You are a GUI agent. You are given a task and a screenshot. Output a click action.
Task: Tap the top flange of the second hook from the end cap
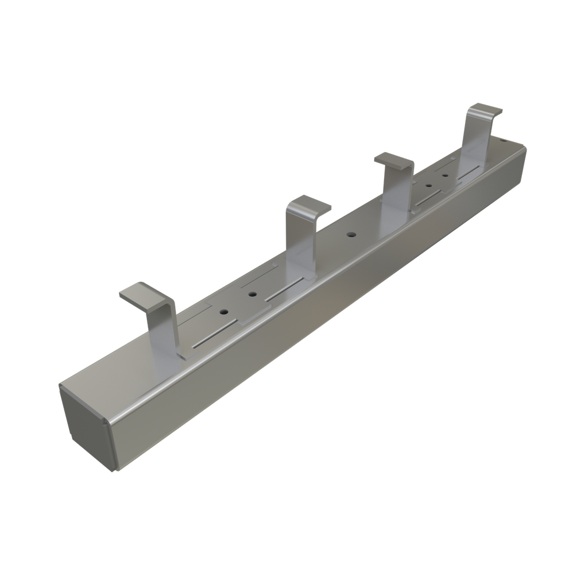[310, 205]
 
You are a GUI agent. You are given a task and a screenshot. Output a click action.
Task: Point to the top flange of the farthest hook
[485, 109]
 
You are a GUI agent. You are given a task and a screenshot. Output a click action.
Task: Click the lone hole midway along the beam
[350, 235]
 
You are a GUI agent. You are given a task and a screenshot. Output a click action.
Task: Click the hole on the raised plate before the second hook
[252, 295]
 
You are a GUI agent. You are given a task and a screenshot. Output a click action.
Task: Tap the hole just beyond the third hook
[428, 186]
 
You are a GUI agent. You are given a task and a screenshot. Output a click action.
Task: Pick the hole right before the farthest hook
[445, 172]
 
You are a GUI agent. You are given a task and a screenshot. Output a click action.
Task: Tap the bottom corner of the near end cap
[114, 470]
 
